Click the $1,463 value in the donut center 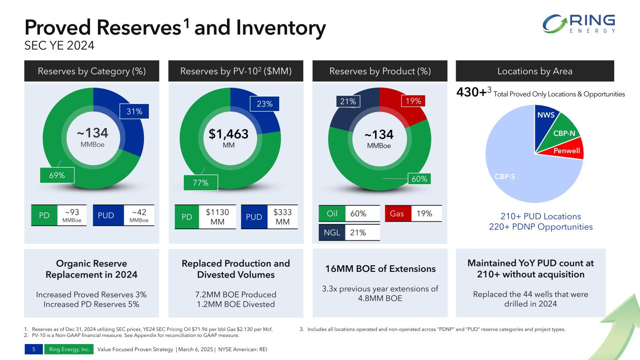pyautogui.click(x=229, y=135)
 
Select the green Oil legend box pyautogui.click(x=331, y=214)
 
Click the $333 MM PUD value pyautogui.click(x=282, y=217)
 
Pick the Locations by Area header pyautogui.click(x=535, y=71)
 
